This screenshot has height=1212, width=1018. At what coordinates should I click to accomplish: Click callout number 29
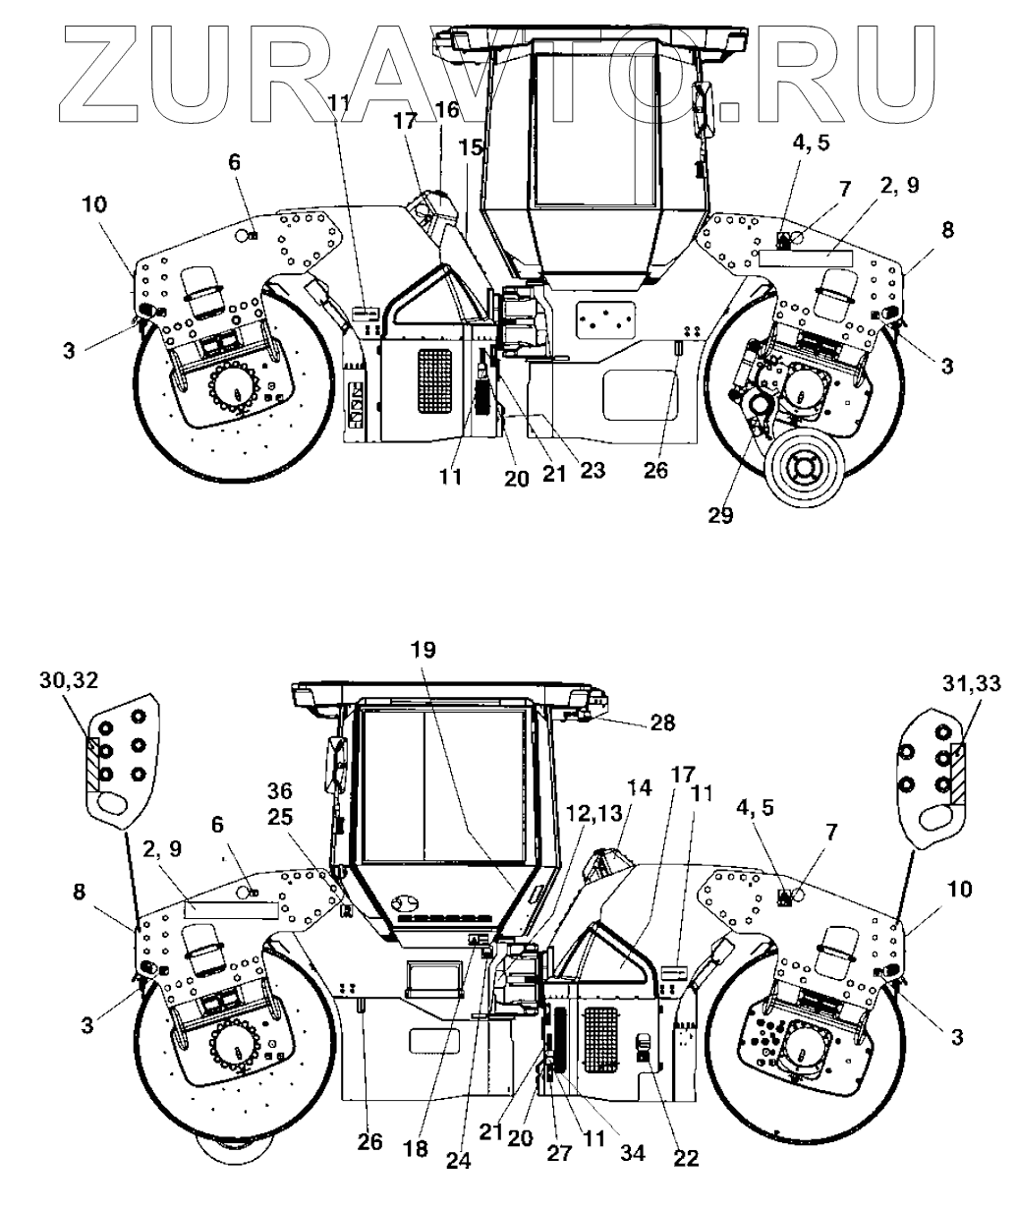(721, 515)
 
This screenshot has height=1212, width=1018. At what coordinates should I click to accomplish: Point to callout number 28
(663, 722)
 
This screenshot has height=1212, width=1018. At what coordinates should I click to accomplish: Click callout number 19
(424, 650)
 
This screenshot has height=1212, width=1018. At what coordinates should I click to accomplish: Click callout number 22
(685, 1158)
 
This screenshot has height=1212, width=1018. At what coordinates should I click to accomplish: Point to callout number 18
(416, 1148)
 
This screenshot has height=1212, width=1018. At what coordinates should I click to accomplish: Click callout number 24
(459, 1159)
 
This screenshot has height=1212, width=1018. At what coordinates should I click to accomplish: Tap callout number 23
(593, 470)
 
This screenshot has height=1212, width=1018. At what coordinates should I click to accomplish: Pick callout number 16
(447, 109)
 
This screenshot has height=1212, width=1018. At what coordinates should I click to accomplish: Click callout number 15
(472, 148)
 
